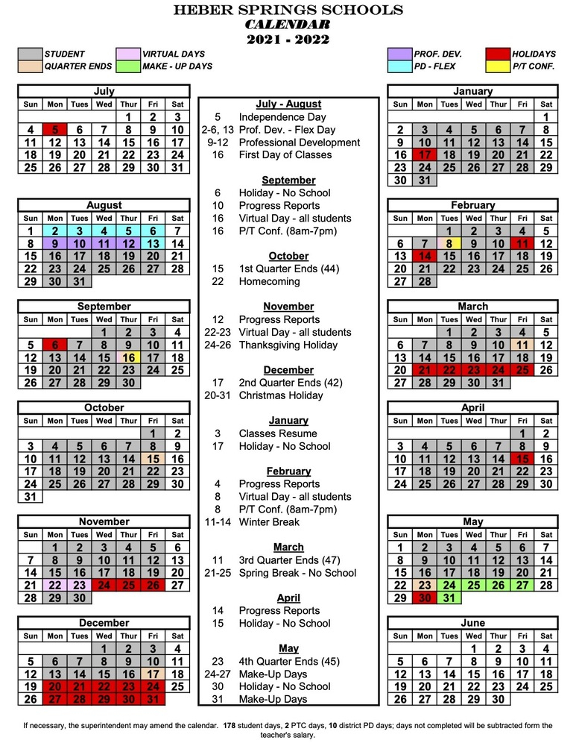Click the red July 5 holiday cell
pos(55,130)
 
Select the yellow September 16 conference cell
pos(128,357)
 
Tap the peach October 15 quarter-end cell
pos(153,459)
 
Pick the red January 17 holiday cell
pos(425,155)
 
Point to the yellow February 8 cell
pos(449,243)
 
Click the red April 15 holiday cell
pos(522,459)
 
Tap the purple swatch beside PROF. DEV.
pos(399,54)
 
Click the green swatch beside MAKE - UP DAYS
pos(128,66)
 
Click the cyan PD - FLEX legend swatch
pos(399,66)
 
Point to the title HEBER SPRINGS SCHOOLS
pos(288,10)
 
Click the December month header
pos(104,622)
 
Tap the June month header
pos(472,622)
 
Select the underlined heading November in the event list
pos(288,307)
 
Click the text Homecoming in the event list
pos(269,281)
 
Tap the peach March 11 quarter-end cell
pos(522,345)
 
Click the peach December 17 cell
pos(153,673)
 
